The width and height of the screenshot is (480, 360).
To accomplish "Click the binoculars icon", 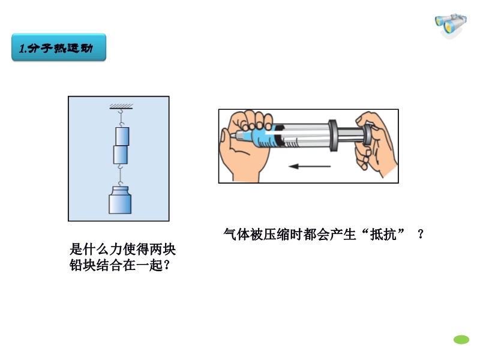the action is (x=451, y=25).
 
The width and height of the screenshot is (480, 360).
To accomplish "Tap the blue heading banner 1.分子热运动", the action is (x=59, y=47).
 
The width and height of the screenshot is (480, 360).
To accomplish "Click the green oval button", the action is (x=461, y=340).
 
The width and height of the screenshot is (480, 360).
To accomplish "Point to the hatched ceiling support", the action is (x=121, y=107).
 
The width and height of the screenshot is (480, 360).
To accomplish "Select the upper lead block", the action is (x=122, y=136).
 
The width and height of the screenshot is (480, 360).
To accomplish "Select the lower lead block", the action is (x=121, y=155).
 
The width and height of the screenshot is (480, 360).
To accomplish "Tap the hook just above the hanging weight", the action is (x=121, y=184).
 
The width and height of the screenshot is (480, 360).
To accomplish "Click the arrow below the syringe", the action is (x=310, y=167).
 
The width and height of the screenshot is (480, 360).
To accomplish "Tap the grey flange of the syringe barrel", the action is (x=333, y=136).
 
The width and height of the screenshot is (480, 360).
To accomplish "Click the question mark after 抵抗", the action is (x=421, y=235).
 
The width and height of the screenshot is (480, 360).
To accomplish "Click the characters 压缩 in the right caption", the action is (x=277, y=235).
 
